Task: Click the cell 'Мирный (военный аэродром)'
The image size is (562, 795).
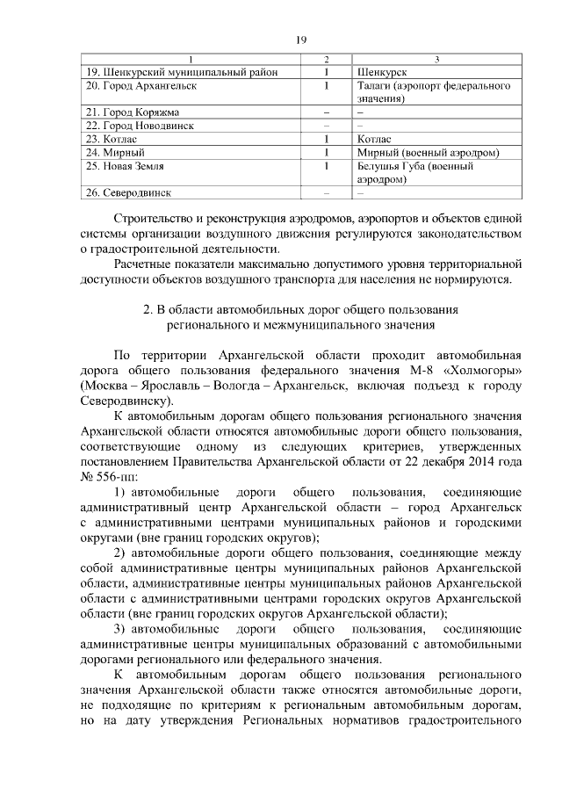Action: pyautogui.click(x=429, y=152)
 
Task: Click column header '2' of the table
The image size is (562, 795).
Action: pyautogui.click(x=326, y=60)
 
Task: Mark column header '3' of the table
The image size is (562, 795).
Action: pyautogui.click(x=436, y=60)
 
